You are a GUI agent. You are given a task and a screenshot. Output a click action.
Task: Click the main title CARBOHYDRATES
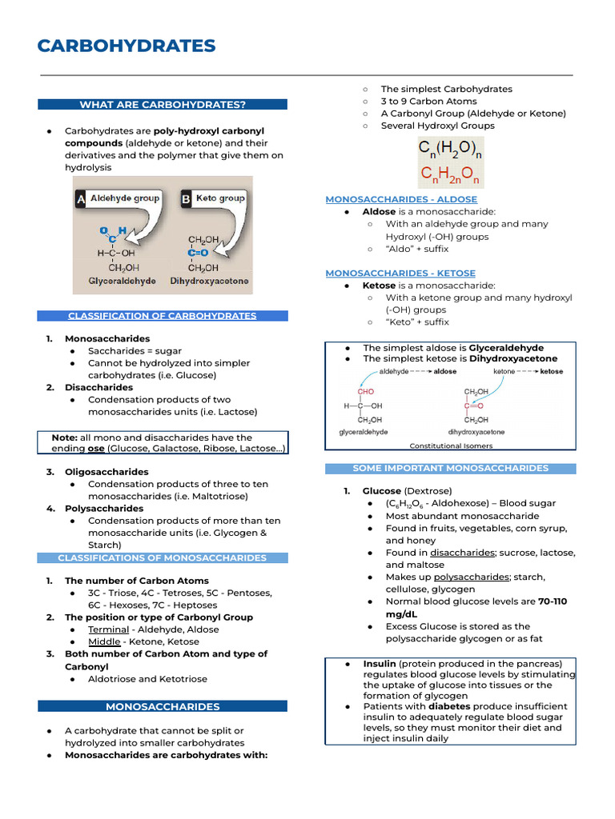[x=127, y=46]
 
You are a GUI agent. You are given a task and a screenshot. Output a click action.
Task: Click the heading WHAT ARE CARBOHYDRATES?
[x=163, y=105]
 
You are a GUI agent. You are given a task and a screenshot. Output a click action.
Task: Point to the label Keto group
[x=220, y=198]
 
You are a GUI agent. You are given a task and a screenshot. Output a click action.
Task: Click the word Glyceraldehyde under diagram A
[x=122, y=282]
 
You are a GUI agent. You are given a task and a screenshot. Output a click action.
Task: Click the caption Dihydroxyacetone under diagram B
[x=209, y=282]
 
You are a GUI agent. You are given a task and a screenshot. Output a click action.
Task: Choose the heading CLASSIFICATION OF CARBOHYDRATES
[x=163, y=316]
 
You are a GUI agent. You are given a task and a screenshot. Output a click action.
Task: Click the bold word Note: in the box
[x=64, y=437]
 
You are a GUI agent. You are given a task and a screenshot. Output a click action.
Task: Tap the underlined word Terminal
[x=108, y=629]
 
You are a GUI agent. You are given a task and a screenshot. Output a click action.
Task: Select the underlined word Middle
[x=104, y=641]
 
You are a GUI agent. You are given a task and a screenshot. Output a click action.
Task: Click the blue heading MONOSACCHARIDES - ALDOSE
[x=401, y=199]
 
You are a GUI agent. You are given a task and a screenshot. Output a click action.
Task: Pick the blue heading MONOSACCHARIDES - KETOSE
[x=400, y=274]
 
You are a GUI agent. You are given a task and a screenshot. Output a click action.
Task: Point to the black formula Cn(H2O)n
[x=451, y=149]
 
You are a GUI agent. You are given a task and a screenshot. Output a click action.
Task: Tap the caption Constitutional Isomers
[x=451, y=446]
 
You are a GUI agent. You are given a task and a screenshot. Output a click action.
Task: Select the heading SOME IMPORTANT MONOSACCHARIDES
[x=450, y=469]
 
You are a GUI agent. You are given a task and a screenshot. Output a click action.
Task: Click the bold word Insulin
[x=379, y=664]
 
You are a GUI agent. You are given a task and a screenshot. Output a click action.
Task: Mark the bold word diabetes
[x=448, y=706]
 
